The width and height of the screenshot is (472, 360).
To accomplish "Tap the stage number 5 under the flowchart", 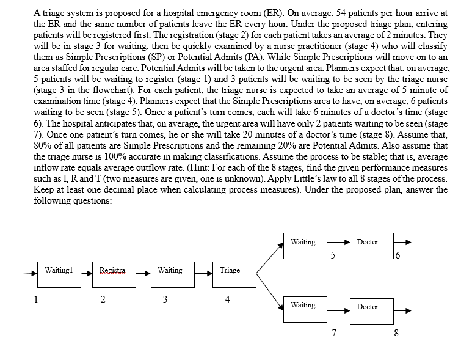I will click(x=333, y=254).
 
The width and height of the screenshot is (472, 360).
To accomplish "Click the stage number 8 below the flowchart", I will click(x=396, y=334).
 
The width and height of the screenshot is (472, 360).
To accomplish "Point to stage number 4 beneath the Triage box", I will click(x=228, y=299).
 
